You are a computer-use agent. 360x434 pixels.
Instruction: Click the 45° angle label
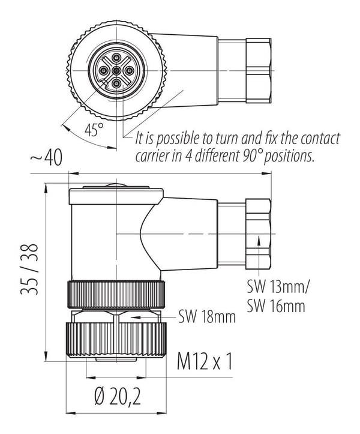94,130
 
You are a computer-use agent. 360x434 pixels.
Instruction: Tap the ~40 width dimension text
46,157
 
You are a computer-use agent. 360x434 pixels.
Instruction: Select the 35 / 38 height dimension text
29,270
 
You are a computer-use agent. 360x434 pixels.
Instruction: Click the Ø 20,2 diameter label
118,397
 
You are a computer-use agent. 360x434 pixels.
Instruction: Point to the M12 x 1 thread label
204,361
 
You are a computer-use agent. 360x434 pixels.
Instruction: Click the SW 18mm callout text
207,316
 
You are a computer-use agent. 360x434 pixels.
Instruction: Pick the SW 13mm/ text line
278,287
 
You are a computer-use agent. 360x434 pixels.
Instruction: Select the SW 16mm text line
276,306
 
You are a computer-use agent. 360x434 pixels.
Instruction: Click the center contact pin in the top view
116,71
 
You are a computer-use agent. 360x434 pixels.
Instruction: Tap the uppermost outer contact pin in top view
116,58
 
